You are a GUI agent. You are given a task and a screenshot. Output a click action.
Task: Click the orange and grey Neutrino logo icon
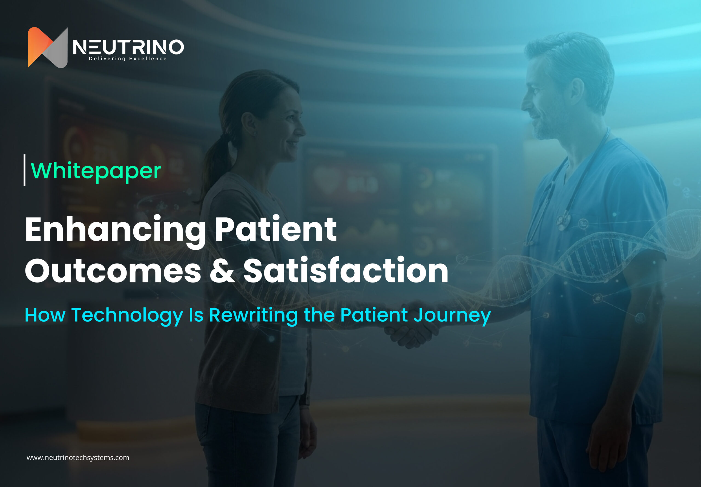click(x=47, y=47)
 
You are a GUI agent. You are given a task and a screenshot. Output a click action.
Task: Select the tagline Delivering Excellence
click(x=128, y=59)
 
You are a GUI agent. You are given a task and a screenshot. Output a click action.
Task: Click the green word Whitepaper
click(x=96, y=171)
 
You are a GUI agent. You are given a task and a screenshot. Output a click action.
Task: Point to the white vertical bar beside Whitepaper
click(x=24, y=170)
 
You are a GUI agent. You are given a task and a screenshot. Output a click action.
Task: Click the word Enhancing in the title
click(x=115, y=229)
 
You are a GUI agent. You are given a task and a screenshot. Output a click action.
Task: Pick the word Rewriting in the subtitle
click(x=253, y=315)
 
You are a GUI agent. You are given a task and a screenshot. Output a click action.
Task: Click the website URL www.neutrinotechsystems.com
click(x=78, y=458)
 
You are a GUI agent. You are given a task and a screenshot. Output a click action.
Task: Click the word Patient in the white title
click(x=275, y=229)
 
